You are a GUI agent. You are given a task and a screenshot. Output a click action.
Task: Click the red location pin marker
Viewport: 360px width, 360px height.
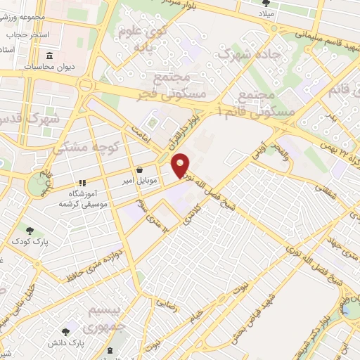181,165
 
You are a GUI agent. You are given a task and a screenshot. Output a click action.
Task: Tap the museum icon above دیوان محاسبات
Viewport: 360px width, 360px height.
49,56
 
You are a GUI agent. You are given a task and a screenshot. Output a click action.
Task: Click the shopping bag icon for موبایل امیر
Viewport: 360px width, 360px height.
139,170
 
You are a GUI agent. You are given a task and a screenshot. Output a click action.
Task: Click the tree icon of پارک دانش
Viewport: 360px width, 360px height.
67,330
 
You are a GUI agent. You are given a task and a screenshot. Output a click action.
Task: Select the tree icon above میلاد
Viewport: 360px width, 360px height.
266,4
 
